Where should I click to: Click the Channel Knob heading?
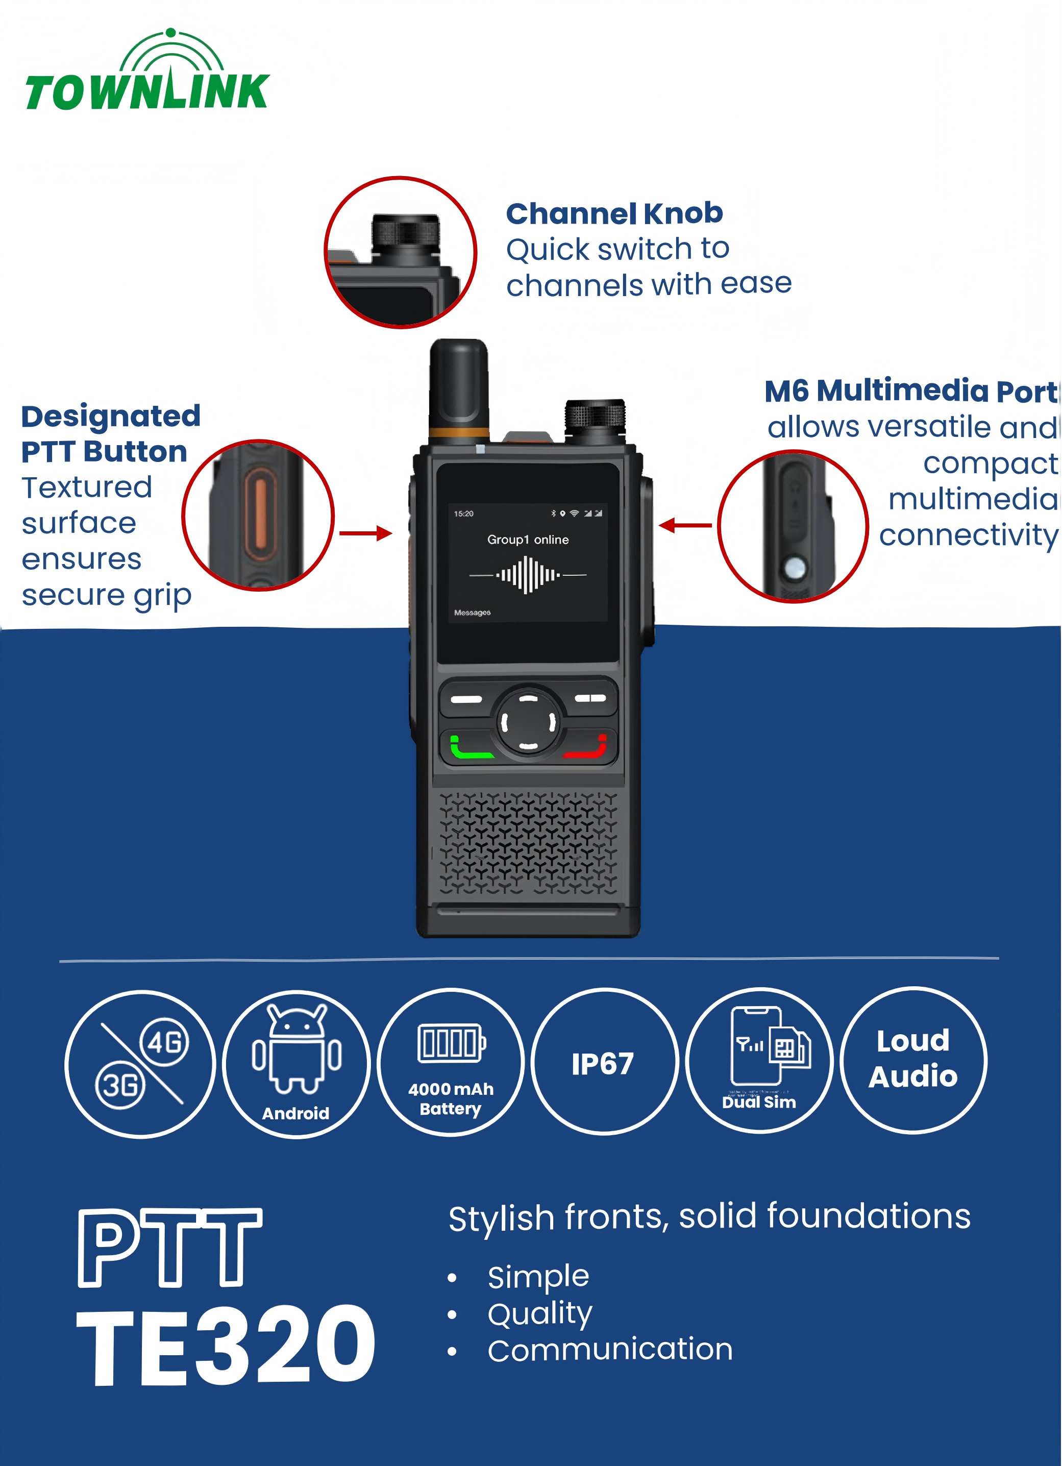point(614,213)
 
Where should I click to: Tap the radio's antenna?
point(458,388)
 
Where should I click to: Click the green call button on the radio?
point(470,748)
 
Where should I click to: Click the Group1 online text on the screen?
point(528,540)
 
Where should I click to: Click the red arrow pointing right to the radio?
point(366,533)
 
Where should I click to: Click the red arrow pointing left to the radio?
point(685,525)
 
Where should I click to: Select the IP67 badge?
point(603,1064)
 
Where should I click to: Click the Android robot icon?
point(297,1050)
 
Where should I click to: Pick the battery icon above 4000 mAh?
point(451,1043)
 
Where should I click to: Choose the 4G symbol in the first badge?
point(165,1042)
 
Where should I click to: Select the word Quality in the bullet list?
point(540,1313)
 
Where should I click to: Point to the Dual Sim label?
point(759,1103)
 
